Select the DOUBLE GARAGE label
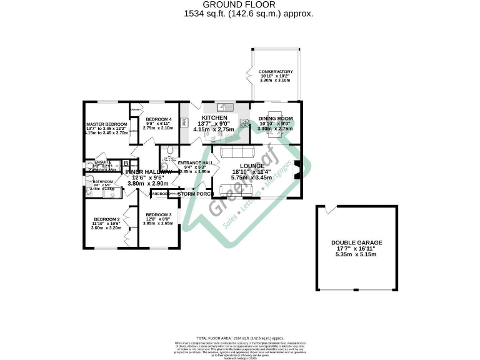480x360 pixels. coord(357,242)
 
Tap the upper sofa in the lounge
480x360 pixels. coord(237,152)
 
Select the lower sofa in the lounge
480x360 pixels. coord(237,190)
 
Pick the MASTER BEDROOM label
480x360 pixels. coord(106,124)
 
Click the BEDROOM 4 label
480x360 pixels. coord(157,119)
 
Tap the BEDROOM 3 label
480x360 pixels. coord(158,214)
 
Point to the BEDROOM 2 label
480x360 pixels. coord(105,219)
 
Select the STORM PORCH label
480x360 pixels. coord(192,194)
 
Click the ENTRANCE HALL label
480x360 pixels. coord(195,162)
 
